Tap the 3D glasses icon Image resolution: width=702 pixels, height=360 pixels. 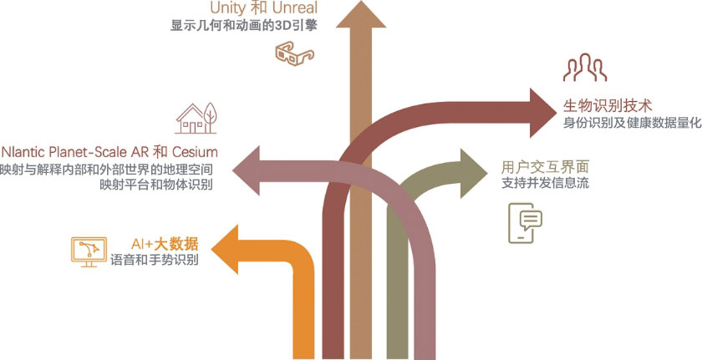(293, 54)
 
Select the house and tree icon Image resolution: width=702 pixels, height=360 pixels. (197, 119)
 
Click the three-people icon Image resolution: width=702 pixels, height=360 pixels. (582, 71)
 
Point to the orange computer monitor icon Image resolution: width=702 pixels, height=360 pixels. (89, 251)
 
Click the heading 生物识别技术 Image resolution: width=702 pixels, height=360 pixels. (608, 105)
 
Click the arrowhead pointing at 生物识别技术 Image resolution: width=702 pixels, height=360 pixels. (543, 107)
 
